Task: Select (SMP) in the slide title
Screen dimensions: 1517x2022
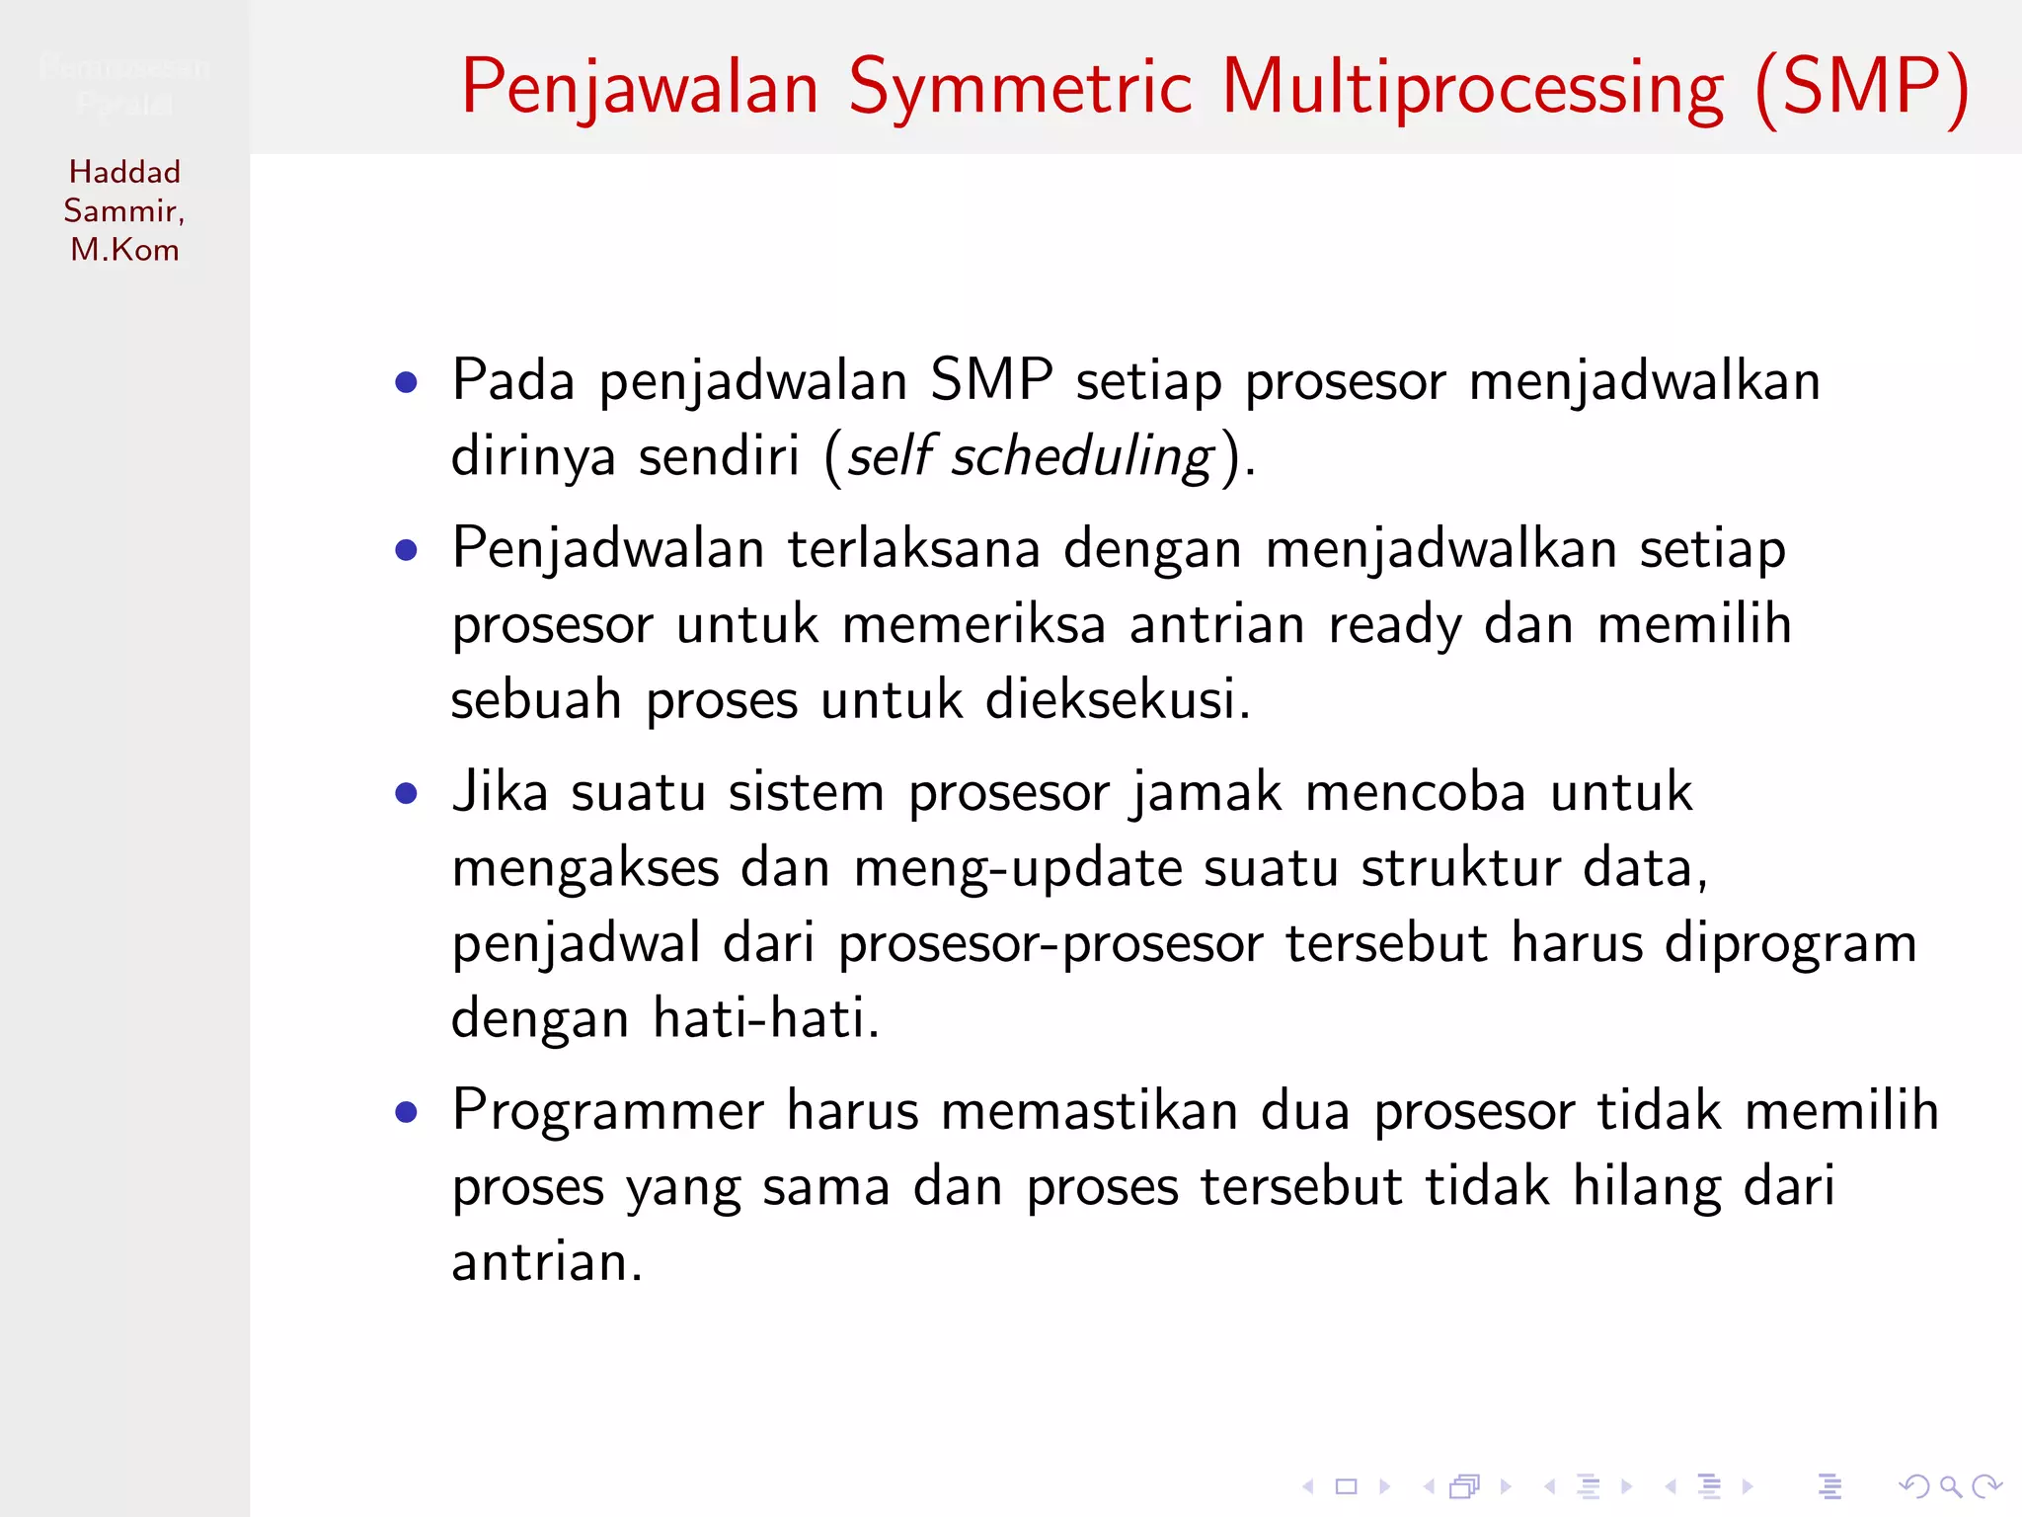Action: click(x=1863, y=89)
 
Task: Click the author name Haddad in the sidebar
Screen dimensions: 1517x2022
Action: click(x=124, y=172)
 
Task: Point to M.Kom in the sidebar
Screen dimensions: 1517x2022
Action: click(x=124, y=250)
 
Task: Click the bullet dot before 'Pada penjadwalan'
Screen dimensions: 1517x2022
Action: click(x=406, y=382)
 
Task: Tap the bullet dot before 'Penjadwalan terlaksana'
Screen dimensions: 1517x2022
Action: click(x=406, y=550)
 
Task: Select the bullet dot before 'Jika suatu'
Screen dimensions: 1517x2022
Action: click(x=406, y=793)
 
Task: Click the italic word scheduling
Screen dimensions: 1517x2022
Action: click(x=1081, y=457)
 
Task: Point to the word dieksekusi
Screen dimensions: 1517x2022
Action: click(x=1117, y=700)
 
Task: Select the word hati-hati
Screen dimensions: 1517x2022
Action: click(x=765, y=1018)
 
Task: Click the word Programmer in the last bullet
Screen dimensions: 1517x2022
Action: click(x=608, y=1111)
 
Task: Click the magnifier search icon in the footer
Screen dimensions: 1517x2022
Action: click(x=1950, y=1486)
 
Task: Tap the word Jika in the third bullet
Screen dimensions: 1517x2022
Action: click(x=500, y=792)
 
